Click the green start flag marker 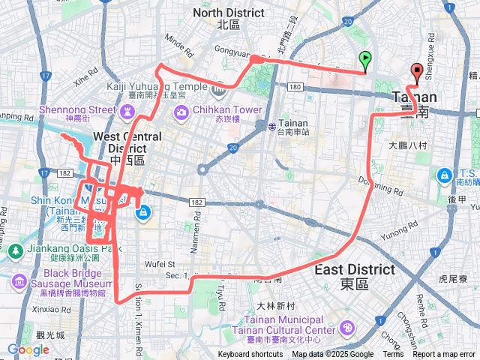[364, 58]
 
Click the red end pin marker [417, 72]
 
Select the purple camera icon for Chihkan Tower [182, 112]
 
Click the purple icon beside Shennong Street [127, 111]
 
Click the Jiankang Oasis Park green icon [15, 252]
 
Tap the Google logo [28, 349]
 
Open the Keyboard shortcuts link [250, 355]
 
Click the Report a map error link [444, 355]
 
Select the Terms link [393, 355]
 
